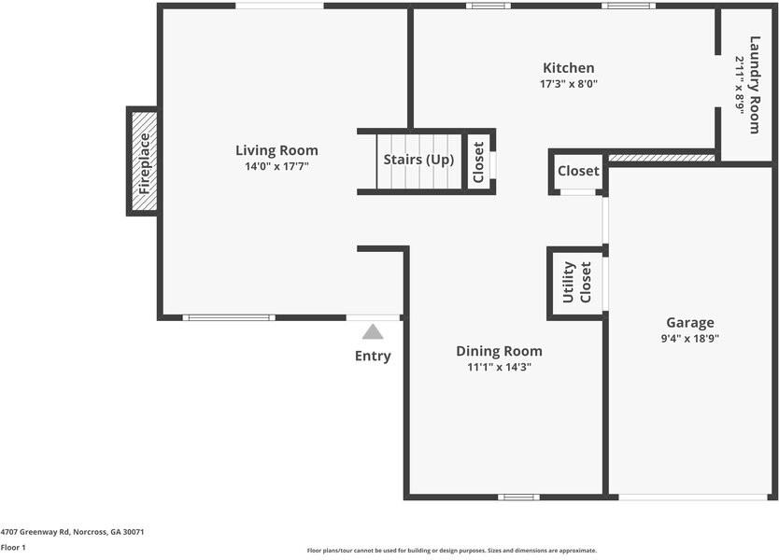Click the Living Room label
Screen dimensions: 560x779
click(276, 150)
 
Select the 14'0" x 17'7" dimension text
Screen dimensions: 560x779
click(276, 167)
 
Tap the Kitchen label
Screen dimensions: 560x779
click(568, 68)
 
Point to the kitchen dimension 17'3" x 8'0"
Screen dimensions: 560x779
click(568, 84)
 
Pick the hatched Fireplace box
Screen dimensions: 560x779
click(143, 162)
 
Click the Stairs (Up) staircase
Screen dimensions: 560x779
click(418, 160)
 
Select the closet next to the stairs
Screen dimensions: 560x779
click(478, 161)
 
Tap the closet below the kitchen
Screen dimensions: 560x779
click(578, 172)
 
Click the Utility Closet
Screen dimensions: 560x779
click(576, 283)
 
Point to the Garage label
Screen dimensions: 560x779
click(689, 323)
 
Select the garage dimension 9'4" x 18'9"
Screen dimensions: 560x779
click(689, 339)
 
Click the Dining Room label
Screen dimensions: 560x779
click(499, 351)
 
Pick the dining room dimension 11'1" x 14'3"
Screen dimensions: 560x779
click(499, 368)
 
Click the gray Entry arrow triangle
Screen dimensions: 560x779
click(373, 331)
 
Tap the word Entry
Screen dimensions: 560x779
click(373, 356)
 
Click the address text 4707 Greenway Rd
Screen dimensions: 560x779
click(72, 532)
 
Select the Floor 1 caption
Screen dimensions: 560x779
click(13, 548)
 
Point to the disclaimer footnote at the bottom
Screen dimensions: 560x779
click(451, 551)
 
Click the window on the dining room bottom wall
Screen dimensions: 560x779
click(518, 497)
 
